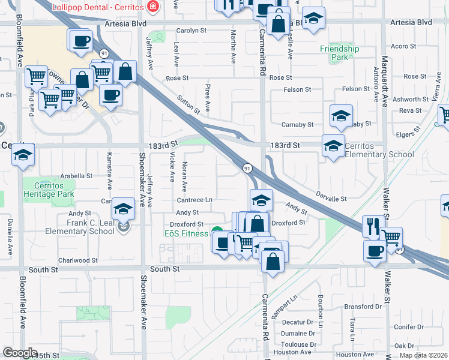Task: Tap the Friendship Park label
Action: tap(339, 53)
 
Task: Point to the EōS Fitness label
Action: tap(187, 233)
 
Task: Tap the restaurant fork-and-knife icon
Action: tap(372, 227)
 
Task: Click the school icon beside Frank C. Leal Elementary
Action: tap(124, 209)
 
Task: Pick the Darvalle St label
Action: tap(332, 199)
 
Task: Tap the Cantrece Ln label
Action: tap(194, 200)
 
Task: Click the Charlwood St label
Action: tap(77, 260)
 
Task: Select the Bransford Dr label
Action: tap(363, 307)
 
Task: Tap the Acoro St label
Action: tap(403, 46)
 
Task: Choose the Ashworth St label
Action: tap(405, 100)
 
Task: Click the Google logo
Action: tap(20, 353)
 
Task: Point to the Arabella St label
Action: tap(76, 176)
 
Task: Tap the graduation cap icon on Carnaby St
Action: tap(341, 116)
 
